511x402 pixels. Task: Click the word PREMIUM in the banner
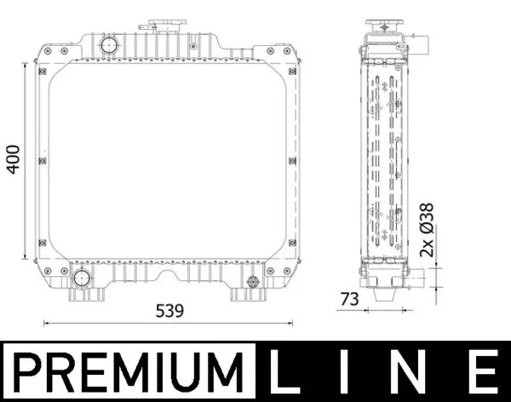click(128, 372)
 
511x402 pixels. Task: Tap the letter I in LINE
click(350, 372)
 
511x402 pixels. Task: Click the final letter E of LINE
click(481, 372)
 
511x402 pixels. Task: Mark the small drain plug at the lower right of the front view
click(252, 282)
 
